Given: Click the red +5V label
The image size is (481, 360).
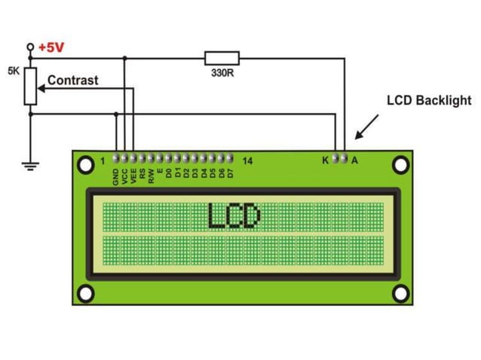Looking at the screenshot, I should pyautogui.click(x=52, y=47).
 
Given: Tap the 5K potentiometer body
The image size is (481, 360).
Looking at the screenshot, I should pyautogui.click(x=31, y=85).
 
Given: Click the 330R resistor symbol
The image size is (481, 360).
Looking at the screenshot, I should pyautogui.click(x=222, y=57).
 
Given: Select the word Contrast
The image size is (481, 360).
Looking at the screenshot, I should pyautogui.click(x=72, y=80).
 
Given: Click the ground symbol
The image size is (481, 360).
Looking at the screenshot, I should pyautogui.click(x=31, y=164).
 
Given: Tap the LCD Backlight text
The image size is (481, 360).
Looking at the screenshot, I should pyautogui.click(x=428, y=100).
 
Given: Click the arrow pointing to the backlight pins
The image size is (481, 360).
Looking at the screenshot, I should pyautogui.click(x=365, y=128).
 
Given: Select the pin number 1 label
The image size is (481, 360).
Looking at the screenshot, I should pyautogui.click(x=103, y=160).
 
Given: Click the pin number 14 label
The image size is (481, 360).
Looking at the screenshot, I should pyautogui.click(x=248, y=160).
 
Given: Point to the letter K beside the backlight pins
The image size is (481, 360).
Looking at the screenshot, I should pyautogui.click(x=326, y=160).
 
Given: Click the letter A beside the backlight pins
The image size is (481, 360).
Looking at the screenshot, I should pyautogui.click(x=354, y=160).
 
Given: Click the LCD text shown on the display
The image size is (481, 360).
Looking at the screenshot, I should pyautogui.click(x=234, y=216).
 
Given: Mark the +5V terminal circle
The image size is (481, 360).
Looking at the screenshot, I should pyautogui.click(x=31, y=47).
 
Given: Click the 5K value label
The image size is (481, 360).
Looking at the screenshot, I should pyautogui.click(x=14, y=71).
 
